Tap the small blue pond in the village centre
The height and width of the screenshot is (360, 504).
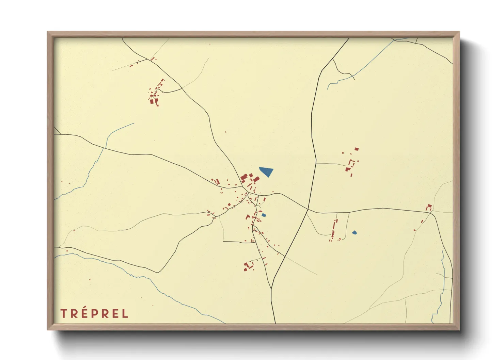(264, 215)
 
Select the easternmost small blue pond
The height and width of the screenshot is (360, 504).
(355, 233)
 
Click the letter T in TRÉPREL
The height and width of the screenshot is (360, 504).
(63, 313)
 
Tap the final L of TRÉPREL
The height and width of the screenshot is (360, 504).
(125, 313)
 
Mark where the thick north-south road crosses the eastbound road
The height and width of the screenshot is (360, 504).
(308, 209)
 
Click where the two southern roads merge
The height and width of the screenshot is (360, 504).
(271, 289)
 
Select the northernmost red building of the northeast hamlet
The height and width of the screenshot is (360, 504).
(357, 149)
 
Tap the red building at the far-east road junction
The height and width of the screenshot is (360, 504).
(429, 207)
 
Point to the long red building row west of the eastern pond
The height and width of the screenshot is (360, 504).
(334, 229)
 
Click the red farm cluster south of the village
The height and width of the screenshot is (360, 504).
(248, 266)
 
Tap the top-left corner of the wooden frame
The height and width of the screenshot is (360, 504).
(48, 32)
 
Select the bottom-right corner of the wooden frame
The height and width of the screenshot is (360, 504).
(459, 329)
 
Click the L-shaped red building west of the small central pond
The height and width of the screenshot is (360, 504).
(248, 216)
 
